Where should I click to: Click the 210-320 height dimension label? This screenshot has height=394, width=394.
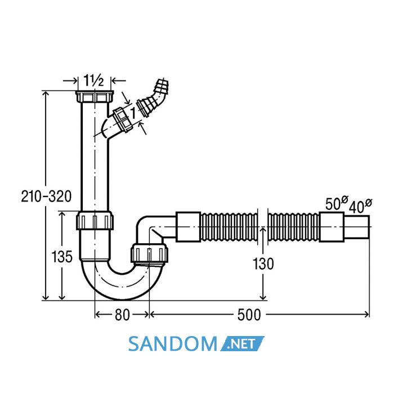click(46, 196)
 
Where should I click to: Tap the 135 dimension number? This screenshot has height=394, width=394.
click(62, 257)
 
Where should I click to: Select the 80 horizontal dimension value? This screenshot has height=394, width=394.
click(122, 315)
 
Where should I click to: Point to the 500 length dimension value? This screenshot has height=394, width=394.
click(249, 315)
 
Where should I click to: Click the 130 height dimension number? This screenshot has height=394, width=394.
click(263, 264)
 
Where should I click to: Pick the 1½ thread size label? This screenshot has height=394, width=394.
click(93, 80)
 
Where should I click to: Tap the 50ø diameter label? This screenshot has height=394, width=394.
click(337, 203)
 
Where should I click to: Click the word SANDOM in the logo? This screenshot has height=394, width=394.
click(173, 344)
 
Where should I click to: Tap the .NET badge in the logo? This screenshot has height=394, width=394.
click(242, 343)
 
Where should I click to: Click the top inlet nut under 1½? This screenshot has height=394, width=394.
click(95, 96)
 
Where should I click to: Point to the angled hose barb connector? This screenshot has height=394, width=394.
click(153, 97)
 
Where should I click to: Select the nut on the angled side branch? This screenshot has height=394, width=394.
click(122, 120)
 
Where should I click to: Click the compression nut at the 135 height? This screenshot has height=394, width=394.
click(95, 221)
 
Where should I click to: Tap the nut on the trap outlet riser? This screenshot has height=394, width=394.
click(149, 253)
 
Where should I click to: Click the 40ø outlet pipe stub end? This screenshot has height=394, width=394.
click(356, 227)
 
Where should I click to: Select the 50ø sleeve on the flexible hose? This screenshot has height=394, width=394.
click(332, 227)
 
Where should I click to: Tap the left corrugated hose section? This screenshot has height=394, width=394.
click(229, 227)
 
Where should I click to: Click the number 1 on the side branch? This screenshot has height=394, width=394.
click(133, 113)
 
